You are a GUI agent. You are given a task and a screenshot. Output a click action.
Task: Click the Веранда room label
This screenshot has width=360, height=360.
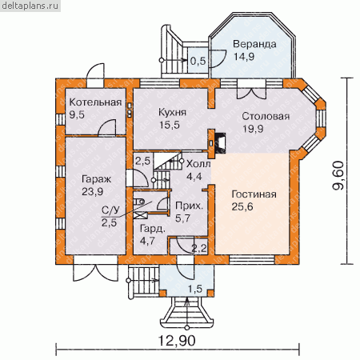click(x=254, y=44)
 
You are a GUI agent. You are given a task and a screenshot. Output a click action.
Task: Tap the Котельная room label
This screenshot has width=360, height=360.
click(x=95, y=102)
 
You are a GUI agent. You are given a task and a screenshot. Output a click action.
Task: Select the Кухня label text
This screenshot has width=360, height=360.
click(x=172, y=113)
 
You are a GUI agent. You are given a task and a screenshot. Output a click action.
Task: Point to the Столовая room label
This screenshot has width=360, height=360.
click(x=266, y=117)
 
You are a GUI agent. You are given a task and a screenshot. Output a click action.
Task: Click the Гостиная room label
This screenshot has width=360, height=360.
click(x=254, y=194)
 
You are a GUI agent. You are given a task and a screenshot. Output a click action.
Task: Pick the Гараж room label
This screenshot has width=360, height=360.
click(x=96, y=180)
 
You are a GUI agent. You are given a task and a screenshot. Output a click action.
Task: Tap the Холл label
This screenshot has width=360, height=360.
click(x=198, y=164)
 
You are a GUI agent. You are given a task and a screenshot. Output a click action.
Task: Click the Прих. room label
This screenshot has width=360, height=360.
click(x=190, y=206)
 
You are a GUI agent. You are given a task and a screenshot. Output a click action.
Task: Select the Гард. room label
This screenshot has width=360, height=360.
click(x=153, y=229)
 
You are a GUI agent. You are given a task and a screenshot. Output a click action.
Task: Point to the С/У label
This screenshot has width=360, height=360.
click(x=110, y=210)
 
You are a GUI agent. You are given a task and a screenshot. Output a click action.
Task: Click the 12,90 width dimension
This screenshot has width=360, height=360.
click(x=177, y=341)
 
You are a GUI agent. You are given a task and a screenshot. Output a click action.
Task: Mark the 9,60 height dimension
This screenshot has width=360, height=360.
click(x=338, y=175)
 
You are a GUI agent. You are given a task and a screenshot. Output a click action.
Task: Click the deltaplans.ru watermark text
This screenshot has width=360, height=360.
click(x=30, y=6)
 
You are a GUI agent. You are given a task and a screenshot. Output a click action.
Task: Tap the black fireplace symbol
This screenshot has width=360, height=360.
click(x=221, y=143)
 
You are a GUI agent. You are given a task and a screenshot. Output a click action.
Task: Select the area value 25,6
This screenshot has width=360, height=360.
click(x=242, y=207)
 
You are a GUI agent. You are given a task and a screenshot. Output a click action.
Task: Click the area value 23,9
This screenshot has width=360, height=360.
click(x=92, y=192)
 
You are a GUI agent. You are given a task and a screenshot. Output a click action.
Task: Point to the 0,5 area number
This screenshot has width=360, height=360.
click(x=198, y=61)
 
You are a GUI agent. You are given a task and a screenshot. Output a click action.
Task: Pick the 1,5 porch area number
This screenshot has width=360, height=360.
click(x=195, y=289)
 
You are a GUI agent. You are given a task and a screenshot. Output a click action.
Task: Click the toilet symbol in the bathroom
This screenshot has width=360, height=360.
click(x=138, y=202)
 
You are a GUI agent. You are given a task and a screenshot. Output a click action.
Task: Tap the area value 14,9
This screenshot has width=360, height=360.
click(x=244, y=57)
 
